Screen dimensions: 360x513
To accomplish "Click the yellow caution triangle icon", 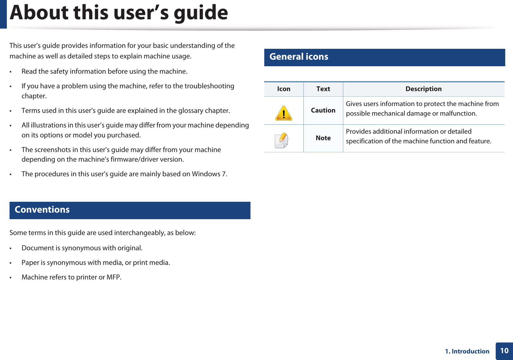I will (x=284, y=113).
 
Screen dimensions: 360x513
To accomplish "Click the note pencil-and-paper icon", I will (x=282, y=141).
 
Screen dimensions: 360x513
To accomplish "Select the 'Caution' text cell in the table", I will (x=323, y=110).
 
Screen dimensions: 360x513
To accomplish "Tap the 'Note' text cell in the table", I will (x=323, y=138).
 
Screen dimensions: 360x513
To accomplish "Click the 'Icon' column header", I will (x=284, y=89).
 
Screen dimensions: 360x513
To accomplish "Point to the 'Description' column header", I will (x=423, y=89).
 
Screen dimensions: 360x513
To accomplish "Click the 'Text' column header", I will (x=323, y=89).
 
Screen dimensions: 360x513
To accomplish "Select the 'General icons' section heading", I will (x=299, y=57).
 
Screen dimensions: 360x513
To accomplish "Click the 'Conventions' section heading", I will (x=42, y=210).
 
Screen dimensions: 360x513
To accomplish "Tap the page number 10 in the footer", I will (x=504, y=351).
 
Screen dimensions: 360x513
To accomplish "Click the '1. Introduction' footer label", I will (x=467, y=351).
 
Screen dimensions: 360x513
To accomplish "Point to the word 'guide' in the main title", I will (x=201, y=13).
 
